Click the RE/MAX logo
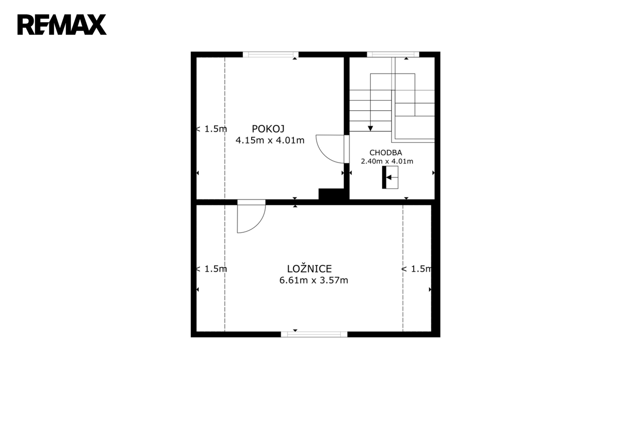[62, 25]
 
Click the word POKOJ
[268, 129]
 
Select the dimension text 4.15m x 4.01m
[270, 140]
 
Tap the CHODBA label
[386, 153]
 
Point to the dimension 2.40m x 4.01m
[387, 161]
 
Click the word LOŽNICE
[310, 268]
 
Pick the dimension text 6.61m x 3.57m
[314, 280]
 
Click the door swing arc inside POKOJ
[324, 155]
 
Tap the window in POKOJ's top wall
[270, 55]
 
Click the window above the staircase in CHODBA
[393, 55]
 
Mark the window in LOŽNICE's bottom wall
[314, 334]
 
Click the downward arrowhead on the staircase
[370, 128]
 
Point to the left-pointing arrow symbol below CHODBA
[389, 178]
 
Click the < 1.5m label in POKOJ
[211, 129]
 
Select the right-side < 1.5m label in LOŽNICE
[417, 269]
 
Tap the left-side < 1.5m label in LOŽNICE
[211, 269]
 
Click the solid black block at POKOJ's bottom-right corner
[331, 194]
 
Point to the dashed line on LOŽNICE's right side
[403, 268]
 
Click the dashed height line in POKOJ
[225, 128]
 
